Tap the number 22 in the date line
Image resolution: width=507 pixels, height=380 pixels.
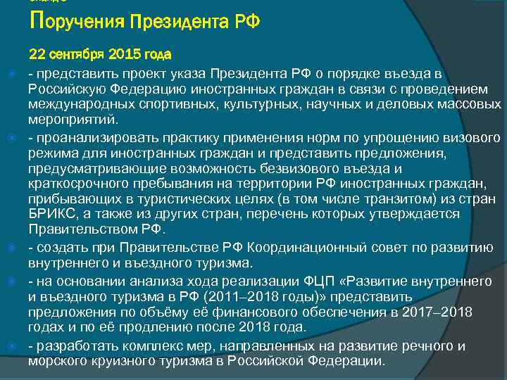click(37, 55)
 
